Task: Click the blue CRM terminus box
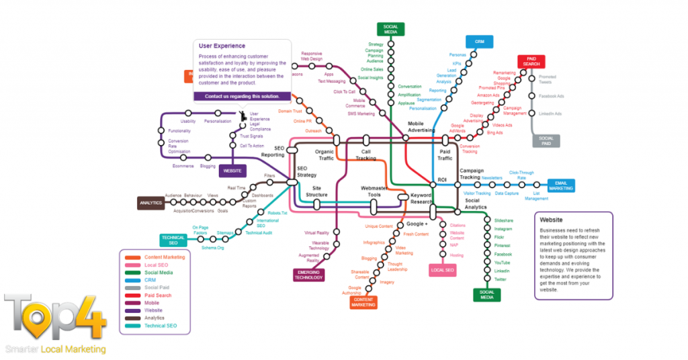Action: (479, 42)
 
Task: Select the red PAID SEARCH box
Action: (531, 62)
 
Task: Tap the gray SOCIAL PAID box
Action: (546, 140)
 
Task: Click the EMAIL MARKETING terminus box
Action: (560, 185)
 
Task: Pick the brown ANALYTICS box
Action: (150, 203)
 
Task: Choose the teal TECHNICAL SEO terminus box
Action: (173, 240)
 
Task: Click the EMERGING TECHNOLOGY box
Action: (309, 274)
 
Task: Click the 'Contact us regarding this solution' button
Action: (243, 97)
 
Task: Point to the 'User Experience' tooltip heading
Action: (222, 46)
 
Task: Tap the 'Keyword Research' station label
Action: (421, 198)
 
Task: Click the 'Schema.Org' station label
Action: (212, 248)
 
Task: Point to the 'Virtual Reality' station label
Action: (316, 232)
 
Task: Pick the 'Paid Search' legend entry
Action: (158, 296)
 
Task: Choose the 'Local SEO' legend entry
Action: (157, 265)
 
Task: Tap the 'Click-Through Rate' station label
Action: (521, 175)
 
